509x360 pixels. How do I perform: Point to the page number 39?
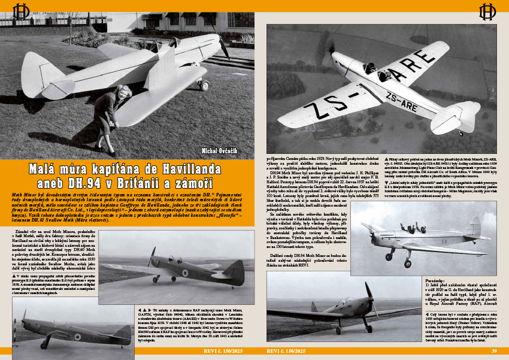[x=494, y=351]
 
